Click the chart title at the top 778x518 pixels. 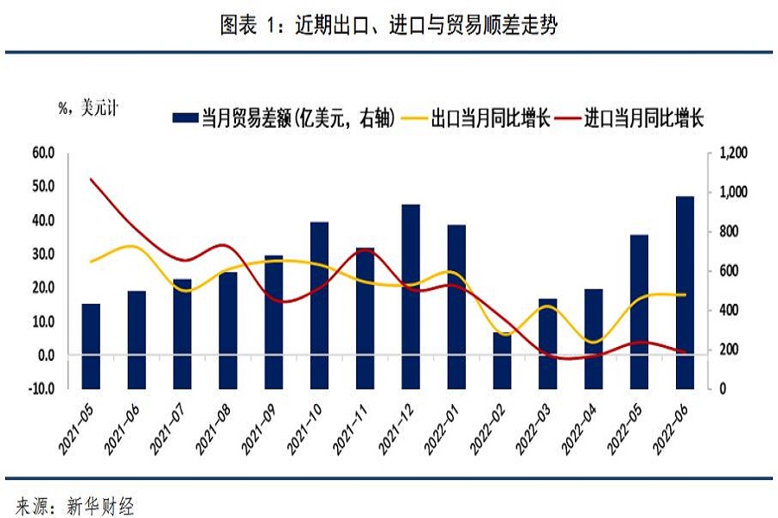[389, 26]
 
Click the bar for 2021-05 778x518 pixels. [92, 345]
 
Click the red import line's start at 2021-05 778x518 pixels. [92, 179]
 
